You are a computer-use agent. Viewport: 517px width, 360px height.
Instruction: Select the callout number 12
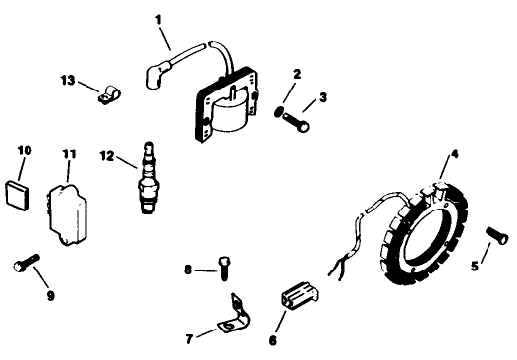tap(107, 153)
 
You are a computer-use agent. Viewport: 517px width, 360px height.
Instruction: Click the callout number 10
tap(25, 150)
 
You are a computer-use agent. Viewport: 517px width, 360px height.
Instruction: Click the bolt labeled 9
tap(26, 264)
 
